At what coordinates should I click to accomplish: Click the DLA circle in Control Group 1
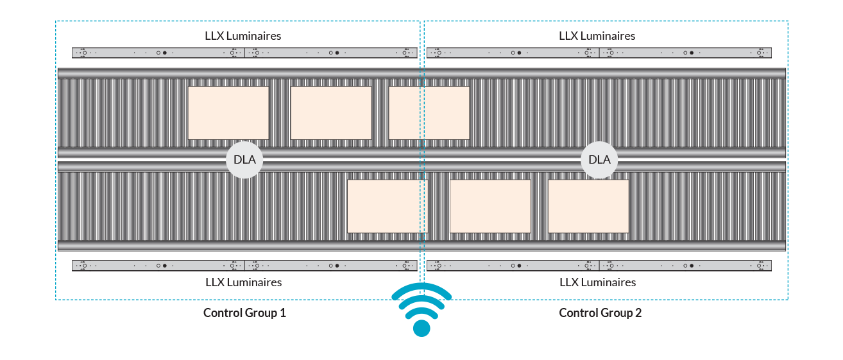pyautogui.click(x=244, y=160)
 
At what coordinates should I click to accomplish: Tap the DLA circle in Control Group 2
pyautogui.click(x=599, y=160)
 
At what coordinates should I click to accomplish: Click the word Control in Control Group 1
pyautogui.click(x=223, y=313)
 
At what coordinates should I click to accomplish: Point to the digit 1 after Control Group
pyautogui.click(x=283, y=313)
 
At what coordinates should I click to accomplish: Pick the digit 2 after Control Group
pyautogui.click(x=638, y=313)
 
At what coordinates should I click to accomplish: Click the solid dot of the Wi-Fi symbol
pyautogui.click(x=422, y=328)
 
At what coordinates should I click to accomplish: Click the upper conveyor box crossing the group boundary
pyautogui.click(x=429, y=113)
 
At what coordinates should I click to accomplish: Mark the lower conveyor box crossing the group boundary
pyautogui.click(x=387, y=206)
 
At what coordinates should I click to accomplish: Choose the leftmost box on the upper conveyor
pyautogui.click(x=228, y=113)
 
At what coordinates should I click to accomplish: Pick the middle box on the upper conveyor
pyautogui.click(x=331, y=113)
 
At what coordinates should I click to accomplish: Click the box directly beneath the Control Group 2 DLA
pyautogui.click(x=588, y=206)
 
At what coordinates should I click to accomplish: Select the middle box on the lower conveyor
pyautogui.click(x=490, y=206)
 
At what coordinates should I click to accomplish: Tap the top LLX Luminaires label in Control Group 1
pyautogui.click(x=243, y=36)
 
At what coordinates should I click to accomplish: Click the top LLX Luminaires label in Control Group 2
pyautogui.click(x=597, y=36)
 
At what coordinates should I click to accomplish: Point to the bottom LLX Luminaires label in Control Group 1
pyautogui.click(x=244, y=282)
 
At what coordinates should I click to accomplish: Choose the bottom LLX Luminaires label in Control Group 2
pyautogui.click(x=598, y=282)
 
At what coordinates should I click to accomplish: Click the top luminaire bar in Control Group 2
pyautogui.click(x=599, y=53)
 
